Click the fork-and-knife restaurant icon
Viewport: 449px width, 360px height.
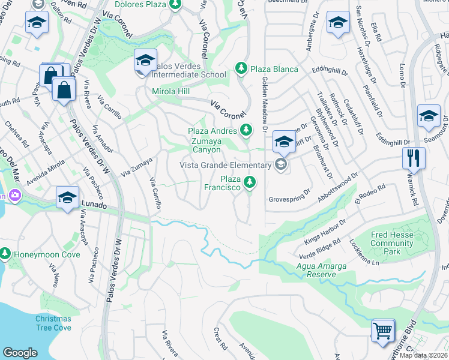(x=414, y=158)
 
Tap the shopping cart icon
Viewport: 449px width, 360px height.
(x=382, y=330)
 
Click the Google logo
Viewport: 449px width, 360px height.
(x=20, y=353)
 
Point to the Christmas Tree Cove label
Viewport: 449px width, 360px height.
(x=53, y=323)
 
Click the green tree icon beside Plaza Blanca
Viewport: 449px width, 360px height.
(x=241, y=69)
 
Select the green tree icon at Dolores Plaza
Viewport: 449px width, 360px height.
(x=175, y=5)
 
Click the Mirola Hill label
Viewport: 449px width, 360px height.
(x=170, y=91)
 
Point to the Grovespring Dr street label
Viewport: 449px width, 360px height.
(x=289, y=197)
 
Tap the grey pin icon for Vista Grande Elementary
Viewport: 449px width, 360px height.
(x=280, y=165)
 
